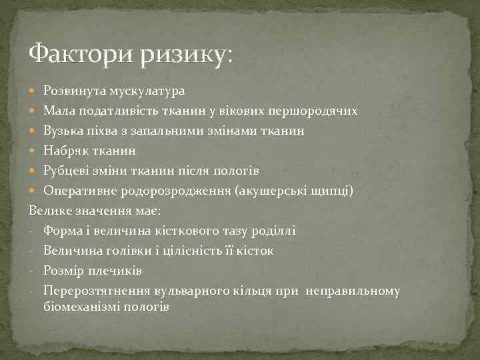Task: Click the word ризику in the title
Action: click(x=183, y=53)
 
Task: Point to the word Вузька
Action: click(x=63, y=131)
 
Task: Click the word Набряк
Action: click(x=65, y=151)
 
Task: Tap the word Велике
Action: click(x=50, y=211)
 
